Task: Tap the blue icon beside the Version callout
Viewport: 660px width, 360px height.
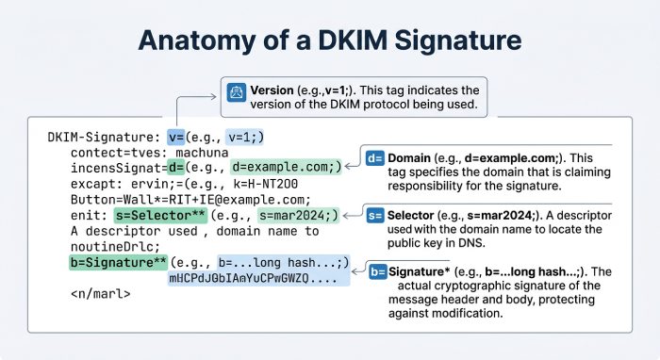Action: (x=235, y=91)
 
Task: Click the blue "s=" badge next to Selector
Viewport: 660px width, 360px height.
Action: (x=375, y=216)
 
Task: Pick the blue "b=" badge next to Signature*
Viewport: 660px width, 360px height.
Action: (x=379, y=273)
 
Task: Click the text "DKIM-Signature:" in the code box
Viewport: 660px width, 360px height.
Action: (x=104, y=137)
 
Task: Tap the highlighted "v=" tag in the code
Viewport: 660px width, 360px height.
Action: (x=176, y=137)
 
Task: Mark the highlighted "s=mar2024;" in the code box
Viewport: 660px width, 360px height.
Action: (x=299, y=216)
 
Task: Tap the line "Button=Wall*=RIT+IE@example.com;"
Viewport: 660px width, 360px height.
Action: (x=190, y=200)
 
